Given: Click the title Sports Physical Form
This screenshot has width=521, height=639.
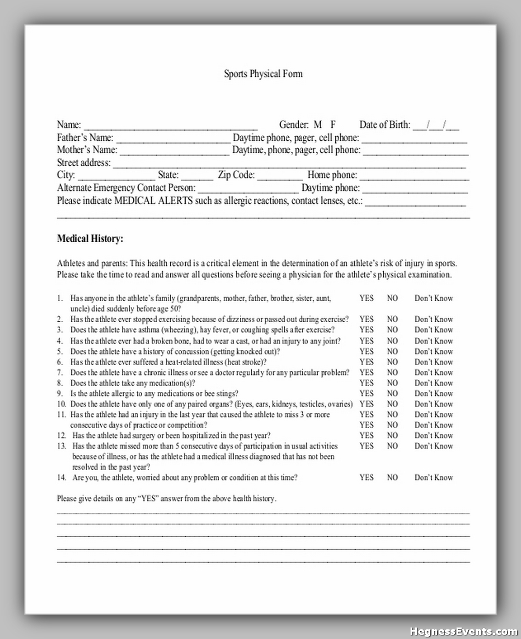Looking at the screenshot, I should [x=263, y=74].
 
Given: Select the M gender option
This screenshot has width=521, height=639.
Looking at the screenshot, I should [x=318, y=125].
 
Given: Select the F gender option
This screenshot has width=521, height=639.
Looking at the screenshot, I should [x=333, y=125].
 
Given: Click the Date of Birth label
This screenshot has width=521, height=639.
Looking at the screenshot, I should [x=385, y=125].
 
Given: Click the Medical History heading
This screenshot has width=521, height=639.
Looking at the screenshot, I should [x=90, y=238].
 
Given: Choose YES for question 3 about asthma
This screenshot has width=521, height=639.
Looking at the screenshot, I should [x=366, y=330].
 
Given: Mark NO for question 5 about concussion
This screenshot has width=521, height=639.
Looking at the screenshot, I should [x=392, y=351].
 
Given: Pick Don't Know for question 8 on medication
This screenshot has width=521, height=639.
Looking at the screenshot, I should [x=434, y=383].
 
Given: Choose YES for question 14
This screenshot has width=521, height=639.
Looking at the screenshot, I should [x=366, y=477].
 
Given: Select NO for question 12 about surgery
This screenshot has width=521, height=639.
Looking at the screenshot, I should [x=392, y=436].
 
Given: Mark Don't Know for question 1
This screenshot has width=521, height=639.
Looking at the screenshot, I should [x=434, y=298].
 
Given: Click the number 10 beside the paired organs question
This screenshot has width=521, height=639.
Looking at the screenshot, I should [x=62, y=404].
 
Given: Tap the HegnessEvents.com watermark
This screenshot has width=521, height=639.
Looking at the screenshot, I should [x=464, y=631].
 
